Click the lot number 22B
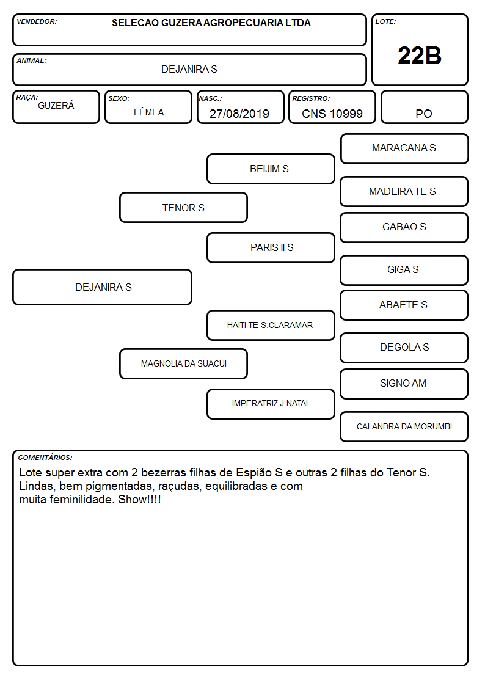coord(420,56)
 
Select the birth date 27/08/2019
coord(239,114)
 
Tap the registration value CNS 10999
coord(332,114)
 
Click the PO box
coord(424,107)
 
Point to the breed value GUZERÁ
coord(56,106)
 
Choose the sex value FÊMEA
coord(148,112)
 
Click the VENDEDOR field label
coord(37,21)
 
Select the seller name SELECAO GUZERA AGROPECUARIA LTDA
coord(211,23)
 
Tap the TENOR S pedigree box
coord(184,207)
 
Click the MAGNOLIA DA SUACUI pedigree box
coord(184,363)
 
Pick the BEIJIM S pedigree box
coord(271,169)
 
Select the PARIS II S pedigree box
coord(271,247)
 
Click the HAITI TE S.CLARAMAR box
coord(271,325)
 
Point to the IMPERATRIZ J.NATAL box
coord(271,404)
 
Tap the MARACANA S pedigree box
coord(404,149)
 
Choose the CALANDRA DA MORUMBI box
coord(404,426)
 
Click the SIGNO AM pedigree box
coord(404,384)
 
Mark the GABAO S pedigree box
coord(404,227)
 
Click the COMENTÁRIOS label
coord(45,458)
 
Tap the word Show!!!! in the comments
coord(139,500)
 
